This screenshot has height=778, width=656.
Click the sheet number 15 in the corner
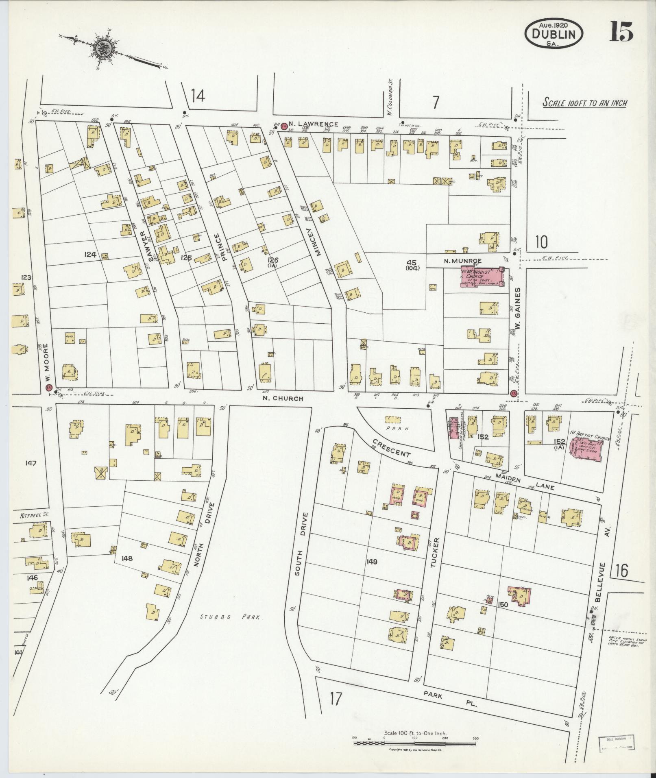click(x=621, y=31)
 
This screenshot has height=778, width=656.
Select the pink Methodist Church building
click(x=482, y=277)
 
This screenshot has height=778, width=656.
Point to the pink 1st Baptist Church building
click(x=587, y=450)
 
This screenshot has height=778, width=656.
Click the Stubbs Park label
click(x=231, y=628)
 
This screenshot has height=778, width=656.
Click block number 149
click(x=371, y=562)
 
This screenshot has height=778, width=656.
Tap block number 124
click(x=90, y=255)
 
